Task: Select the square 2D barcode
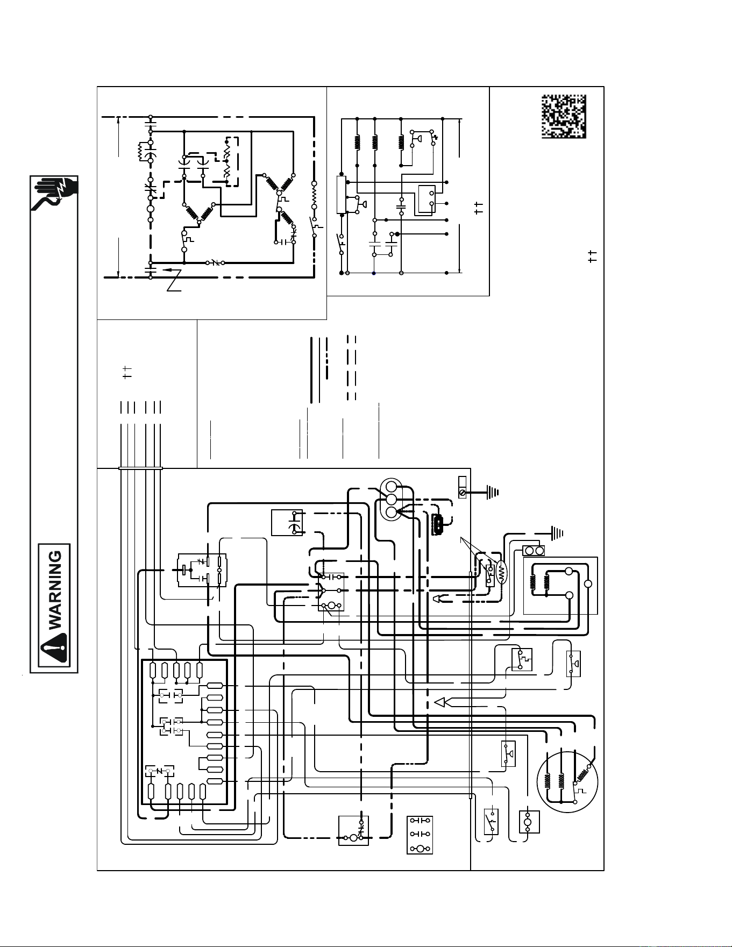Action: click(564, 117)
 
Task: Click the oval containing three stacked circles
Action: click(391, 499)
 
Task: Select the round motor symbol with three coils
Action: click(567, 780)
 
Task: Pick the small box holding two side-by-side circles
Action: click(534, 551)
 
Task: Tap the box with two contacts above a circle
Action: click(420, 835)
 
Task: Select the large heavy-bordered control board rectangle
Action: click(184, 732)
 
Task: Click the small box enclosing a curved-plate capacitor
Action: click(287, 522)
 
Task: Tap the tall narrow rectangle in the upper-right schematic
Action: click(341, 194)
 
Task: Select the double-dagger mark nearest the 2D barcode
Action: click(592, 257)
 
